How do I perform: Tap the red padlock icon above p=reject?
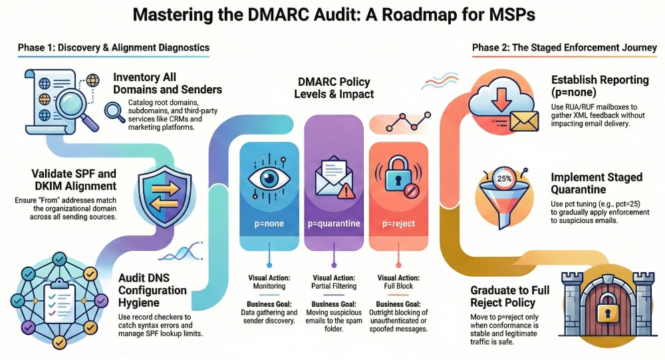click(x=398, y=174)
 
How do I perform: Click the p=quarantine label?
click(x=333, y=224)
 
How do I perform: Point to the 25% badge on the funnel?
click(x=504, y=178)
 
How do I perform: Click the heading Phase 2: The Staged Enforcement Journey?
click(x=565, y=47)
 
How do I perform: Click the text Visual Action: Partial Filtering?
click(x=334, y=282)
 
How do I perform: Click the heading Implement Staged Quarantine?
click(x=597, y=184)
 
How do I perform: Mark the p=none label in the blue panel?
click(x=268, y=224)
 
